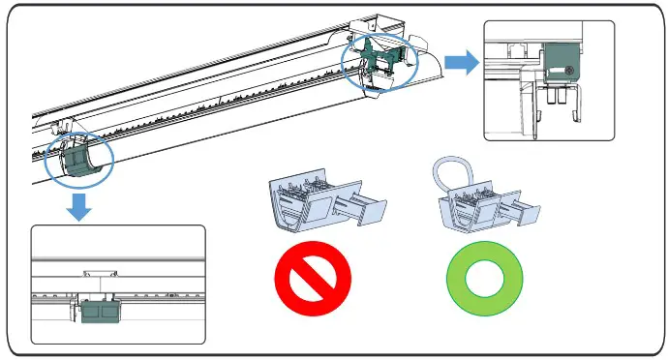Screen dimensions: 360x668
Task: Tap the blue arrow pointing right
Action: [466, 63]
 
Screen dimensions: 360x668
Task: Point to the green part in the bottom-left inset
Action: [99, 312]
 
